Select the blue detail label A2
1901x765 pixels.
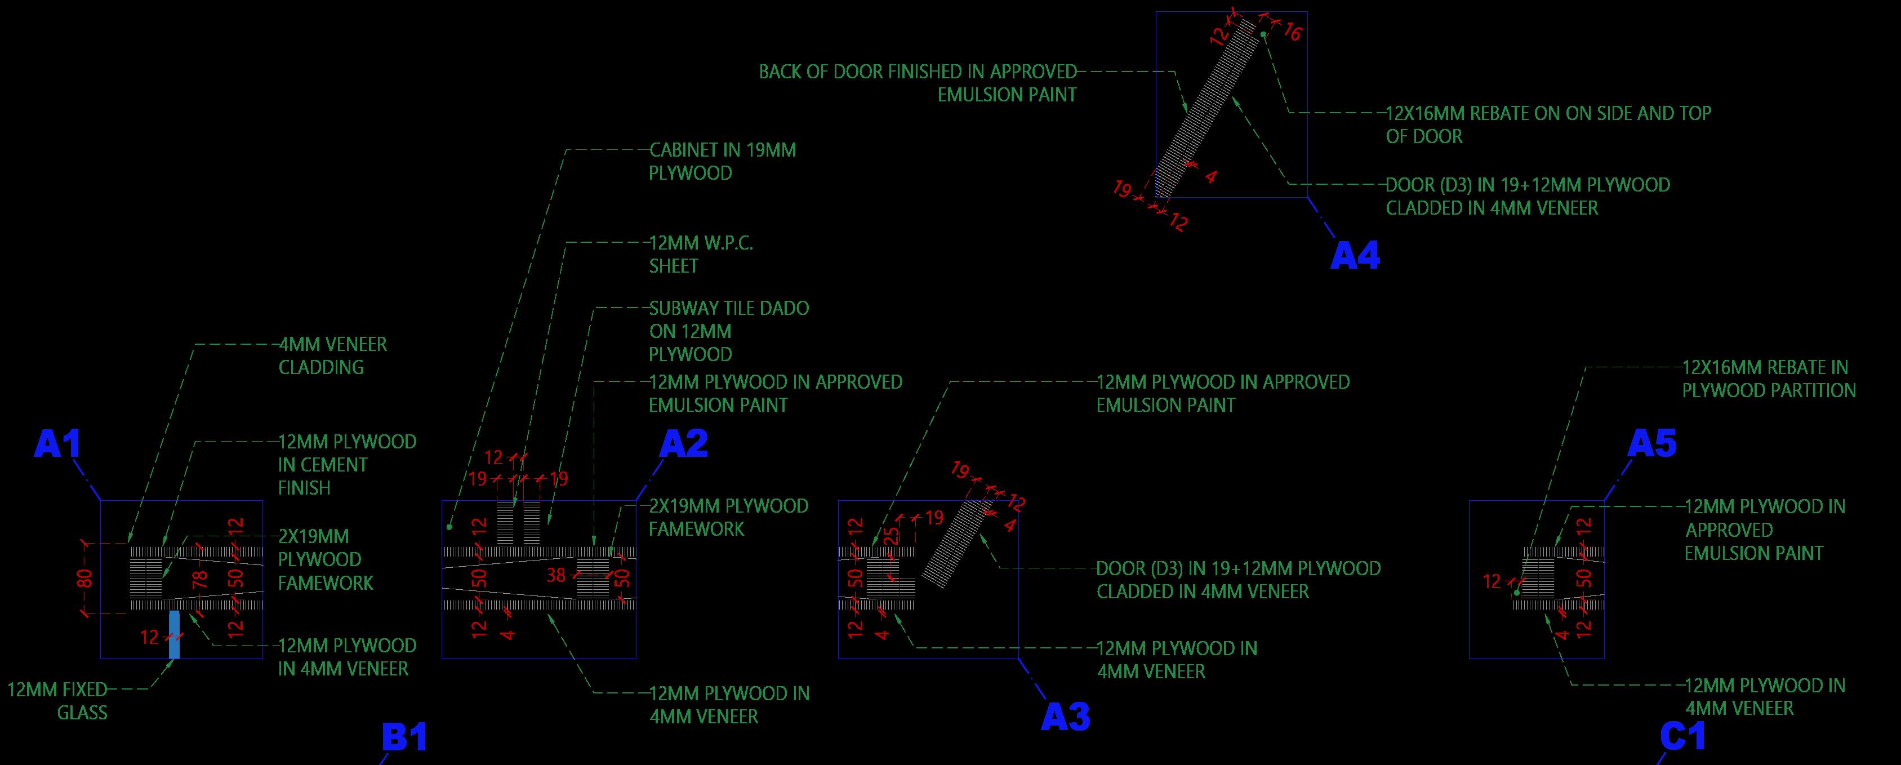pos(683,443)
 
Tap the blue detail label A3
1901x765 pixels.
pos(1065,717)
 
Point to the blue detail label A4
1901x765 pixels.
pos(1354,256)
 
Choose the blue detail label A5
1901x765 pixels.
pos(1651,444)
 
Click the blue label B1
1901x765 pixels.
pos(404,738)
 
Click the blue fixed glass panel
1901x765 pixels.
pos(174,634)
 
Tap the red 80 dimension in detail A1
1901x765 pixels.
pos(86,577)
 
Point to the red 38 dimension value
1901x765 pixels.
pos(556,575)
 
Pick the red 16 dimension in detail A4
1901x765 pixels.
pos(1292,32)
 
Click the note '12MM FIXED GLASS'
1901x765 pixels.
pos(57,701)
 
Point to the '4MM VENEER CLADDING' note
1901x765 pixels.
pos(332,355)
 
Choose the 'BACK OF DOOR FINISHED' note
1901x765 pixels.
pos(918,83)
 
